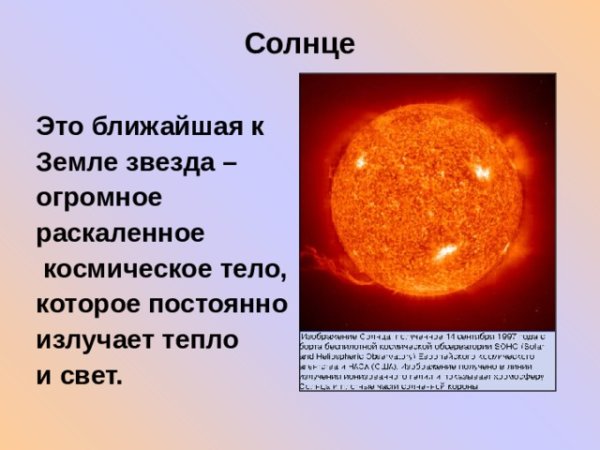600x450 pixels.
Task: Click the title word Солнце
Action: tap(299, 45)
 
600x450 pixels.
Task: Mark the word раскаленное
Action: tap(120, 233)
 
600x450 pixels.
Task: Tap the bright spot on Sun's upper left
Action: tap(359, 160)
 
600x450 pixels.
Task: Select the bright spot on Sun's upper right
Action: tap(482, 171)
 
